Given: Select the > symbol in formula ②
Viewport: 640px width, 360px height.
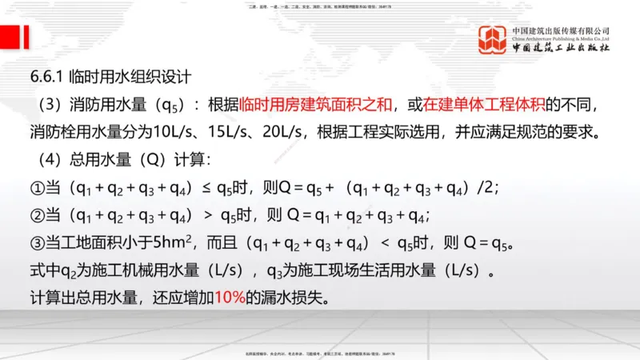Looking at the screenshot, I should pyautogui.click(x=205, y=215).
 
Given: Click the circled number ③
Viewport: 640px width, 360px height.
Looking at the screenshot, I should pyautogui.click(x=37, y=242).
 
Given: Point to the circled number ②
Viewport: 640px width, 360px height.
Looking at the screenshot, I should pyautogui.click(x=37, y=215).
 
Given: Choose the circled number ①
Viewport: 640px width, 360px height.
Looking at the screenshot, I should pyautogui.click(x=37, y=188).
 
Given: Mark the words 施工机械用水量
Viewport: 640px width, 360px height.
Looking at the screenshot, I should pyautogui.click(x=131, y=270).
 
